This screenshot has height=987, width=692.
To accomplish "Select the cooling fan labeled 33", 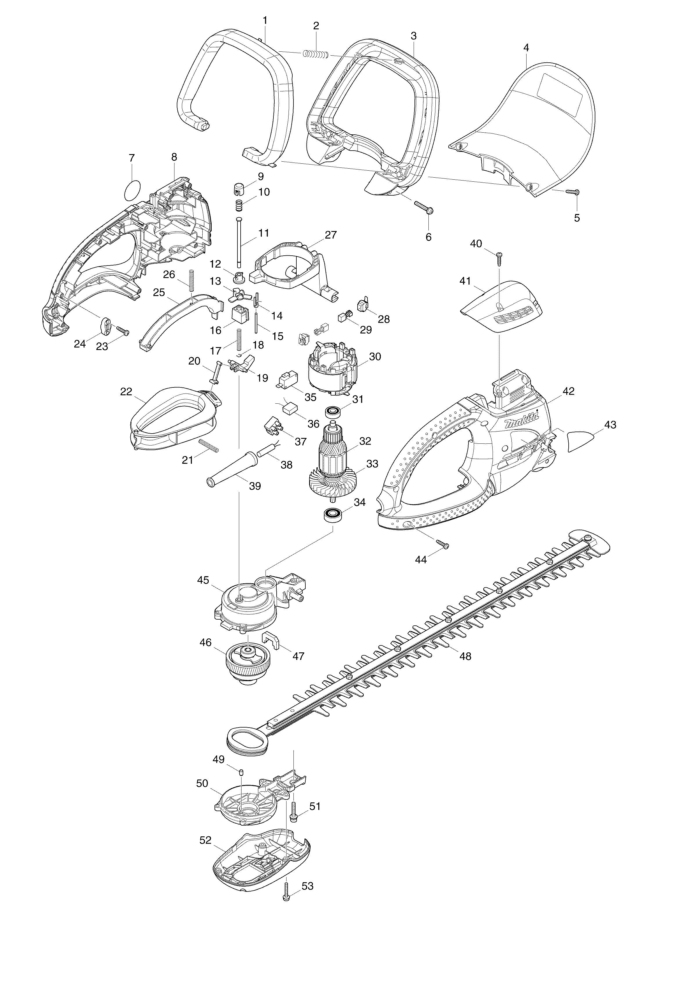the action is tap(333, 482).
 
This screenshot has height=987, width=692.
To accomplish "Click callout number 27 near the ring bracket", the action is tap(331, 235).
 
